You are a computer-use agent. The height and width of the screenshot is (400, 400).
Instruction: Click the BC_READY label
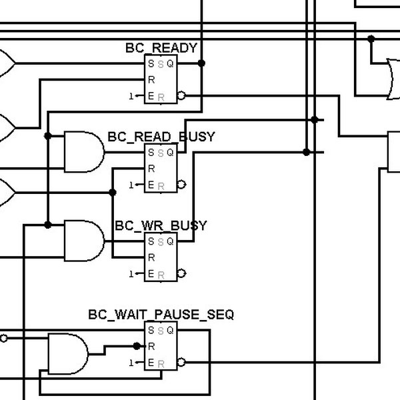[x=161, y=48]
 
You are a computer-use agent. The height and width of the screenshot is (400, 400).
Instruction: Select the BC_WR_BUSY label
[x=161, y=225]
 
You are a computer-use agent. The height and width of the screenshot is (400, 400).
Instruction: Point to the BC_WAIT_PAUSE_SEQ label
[x=161, y=314]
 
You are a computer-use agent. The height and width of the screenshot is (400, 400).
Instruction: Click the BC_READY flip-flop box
[x=161, y=80]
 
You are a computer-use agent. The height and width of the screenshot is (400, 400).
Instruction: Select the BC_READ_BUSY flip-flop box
[x=161, y=169]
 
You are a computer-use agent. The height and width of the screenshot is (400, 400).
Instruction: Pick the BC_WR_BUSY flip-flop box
[x=161, y=257]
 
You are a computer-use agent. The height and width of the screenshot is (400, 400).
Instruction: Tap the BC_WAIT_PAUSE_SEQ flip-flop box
[x=161, y=346]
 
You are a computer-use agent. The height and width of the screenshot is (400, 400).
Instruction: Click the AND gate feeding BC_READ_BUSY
[x=83, y=152]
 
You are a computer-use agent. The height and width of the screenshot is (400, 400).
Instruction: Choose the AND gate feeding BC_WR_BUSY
[x=83, y=241]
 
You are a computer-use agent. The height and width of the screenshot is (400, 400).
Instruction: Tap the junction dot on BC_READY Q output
[x=201, y=63]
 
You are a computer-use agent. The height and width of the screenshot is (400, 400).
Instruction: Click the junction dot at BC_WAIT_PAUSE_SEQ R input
[x=137, y=346]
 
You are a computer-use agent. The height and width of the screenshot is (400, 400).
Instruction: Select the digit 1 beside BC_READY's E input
[x=131, y=97]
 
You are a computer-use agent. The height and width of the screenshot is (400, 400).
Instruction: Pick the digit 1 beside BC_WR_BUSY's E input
[x=131, y=274]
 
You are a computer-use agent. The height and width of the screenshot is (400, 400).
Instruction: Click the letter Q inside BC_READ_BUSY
[x=170, y=153]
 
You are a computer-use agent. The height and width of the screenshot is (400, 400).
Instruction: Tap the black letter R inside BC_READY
[x=152, y=80]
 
